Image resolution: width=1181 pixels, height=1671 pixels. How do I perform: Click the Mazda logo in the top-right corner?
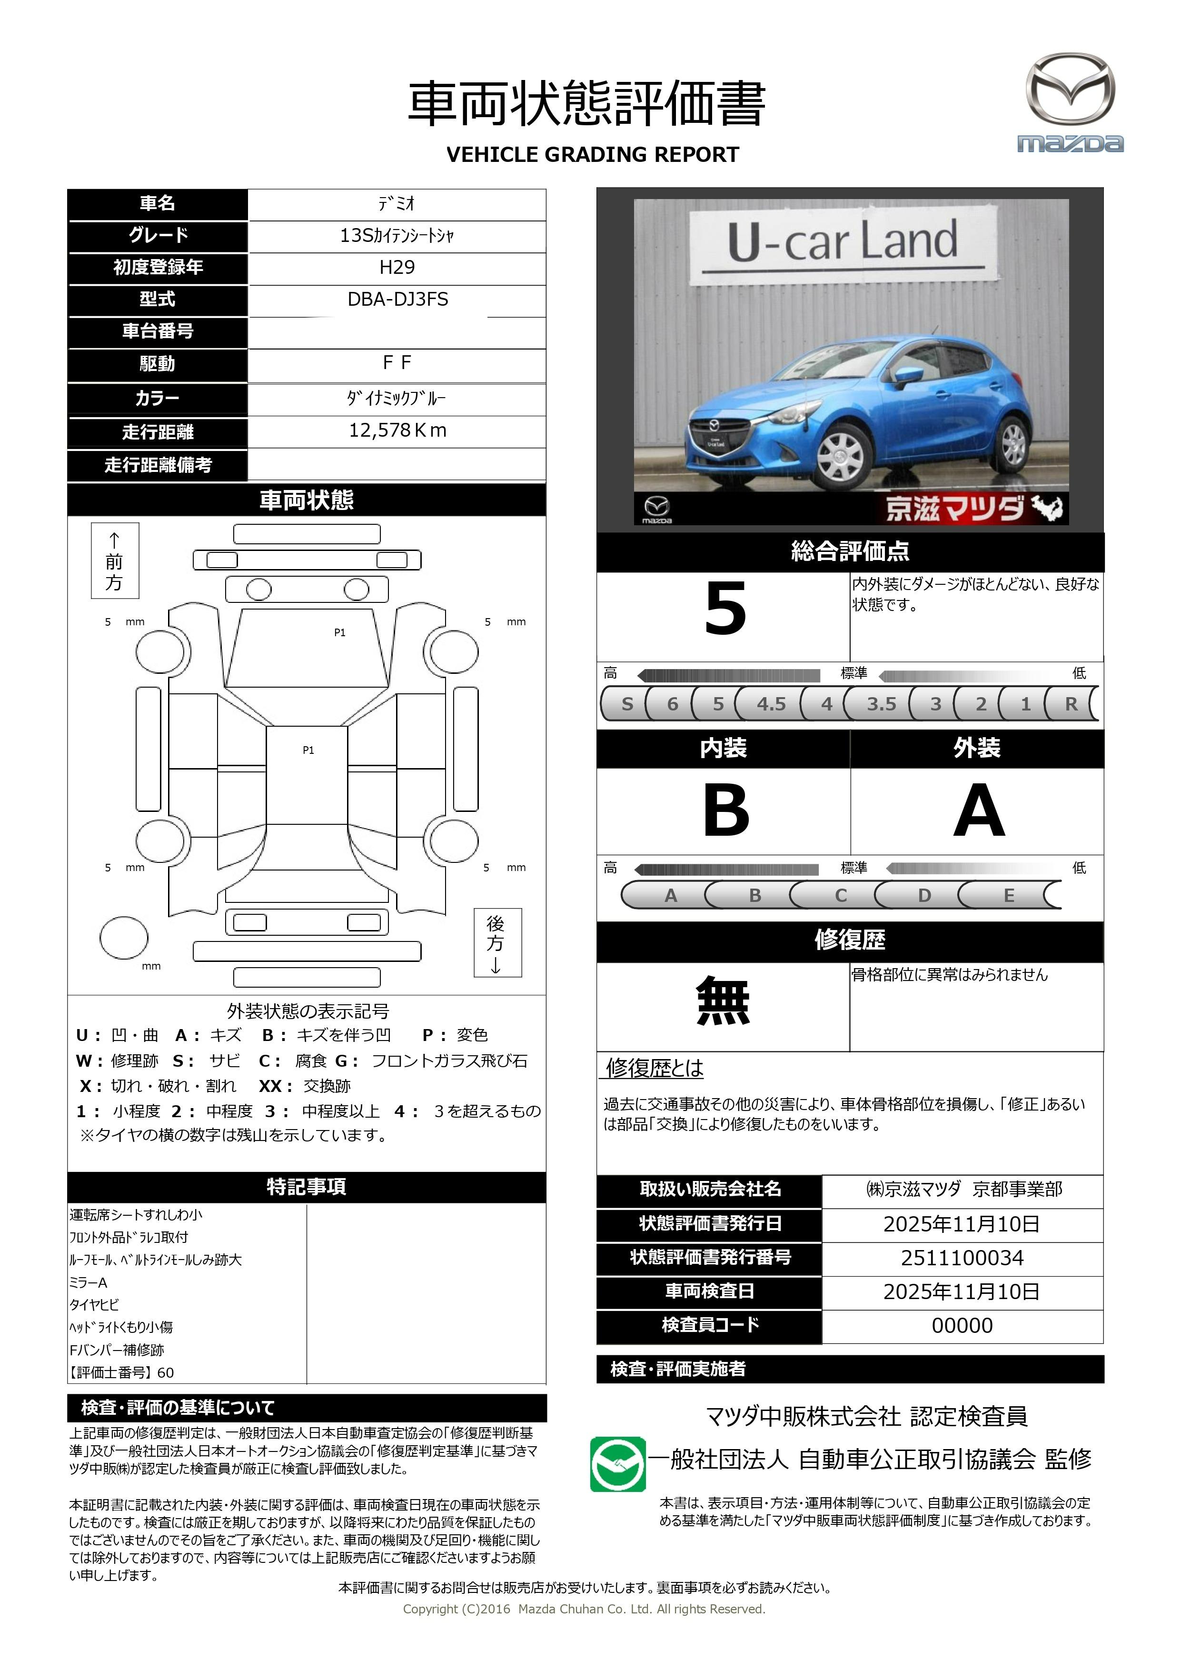pos(1070,102)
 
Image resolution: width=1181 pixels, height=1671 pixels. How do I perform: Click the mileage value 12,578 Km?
pos(397,431)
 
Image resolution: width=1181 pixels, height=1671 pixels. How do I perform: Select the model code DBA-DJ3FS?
pos(397,299)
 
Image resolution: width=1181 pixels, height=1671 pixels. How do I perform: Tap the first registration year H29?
pos(397,267)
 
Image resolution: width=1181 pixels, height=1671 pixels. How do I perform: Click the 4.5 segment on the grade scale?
pos(771,704)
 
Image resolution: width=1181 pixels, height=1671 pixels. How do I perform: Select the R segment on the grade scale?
pos(1071,704)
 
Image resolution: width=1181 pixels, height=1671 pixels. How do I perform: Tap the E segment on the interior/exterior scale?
pos(1009,895)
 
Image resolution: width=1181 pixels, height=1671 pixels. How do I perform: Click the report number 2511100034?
pos(962,1258)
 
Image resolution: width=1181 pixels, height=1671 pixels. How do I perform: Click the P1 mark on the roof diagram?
pos(308,750)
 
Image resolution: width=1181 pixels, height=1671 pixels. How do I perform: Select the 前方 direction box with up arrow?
pos(114,560)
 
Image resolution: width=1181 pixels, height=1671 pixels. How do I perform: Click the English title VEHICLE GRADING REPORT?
pos(592,155)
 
